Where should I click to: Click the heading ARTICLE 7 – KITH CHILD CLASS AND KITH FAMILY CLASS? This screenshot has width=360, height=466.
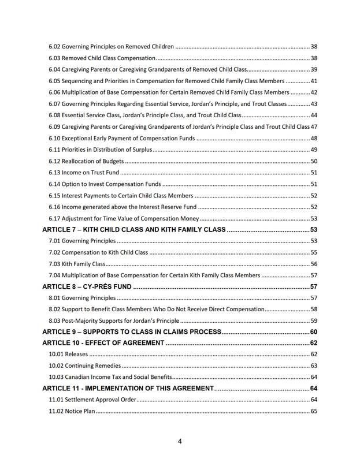tap(133, 230)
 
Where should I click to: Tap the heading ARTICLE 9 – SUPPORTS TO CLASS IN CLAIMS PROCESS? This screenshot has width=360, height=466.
tap(132, 332)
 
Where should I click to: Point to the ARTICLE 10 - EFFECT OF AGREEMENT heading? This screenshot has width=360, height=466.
tap(103, 343)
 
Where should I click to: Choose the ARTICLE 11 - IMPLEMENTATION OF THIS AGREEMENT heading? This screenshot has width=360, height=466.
tap(128, 389)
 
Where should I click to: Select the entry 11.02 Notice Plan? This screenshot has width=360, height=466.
tap(72, 412)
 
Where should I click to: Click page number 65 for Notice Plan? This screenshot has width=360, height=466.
tap(314, 412)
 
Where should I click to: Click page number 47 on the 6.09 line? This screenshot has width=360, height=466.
tap(314, 126)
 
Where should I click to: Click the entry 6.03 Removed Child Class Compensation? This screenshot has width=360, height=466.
tap(102, 58)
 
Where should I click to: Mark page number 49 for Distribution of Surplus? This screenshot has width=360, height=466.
tap(314, 150)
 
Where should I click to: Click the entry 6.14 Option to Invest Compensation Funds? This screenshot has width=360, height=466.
tap(105, 184)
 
